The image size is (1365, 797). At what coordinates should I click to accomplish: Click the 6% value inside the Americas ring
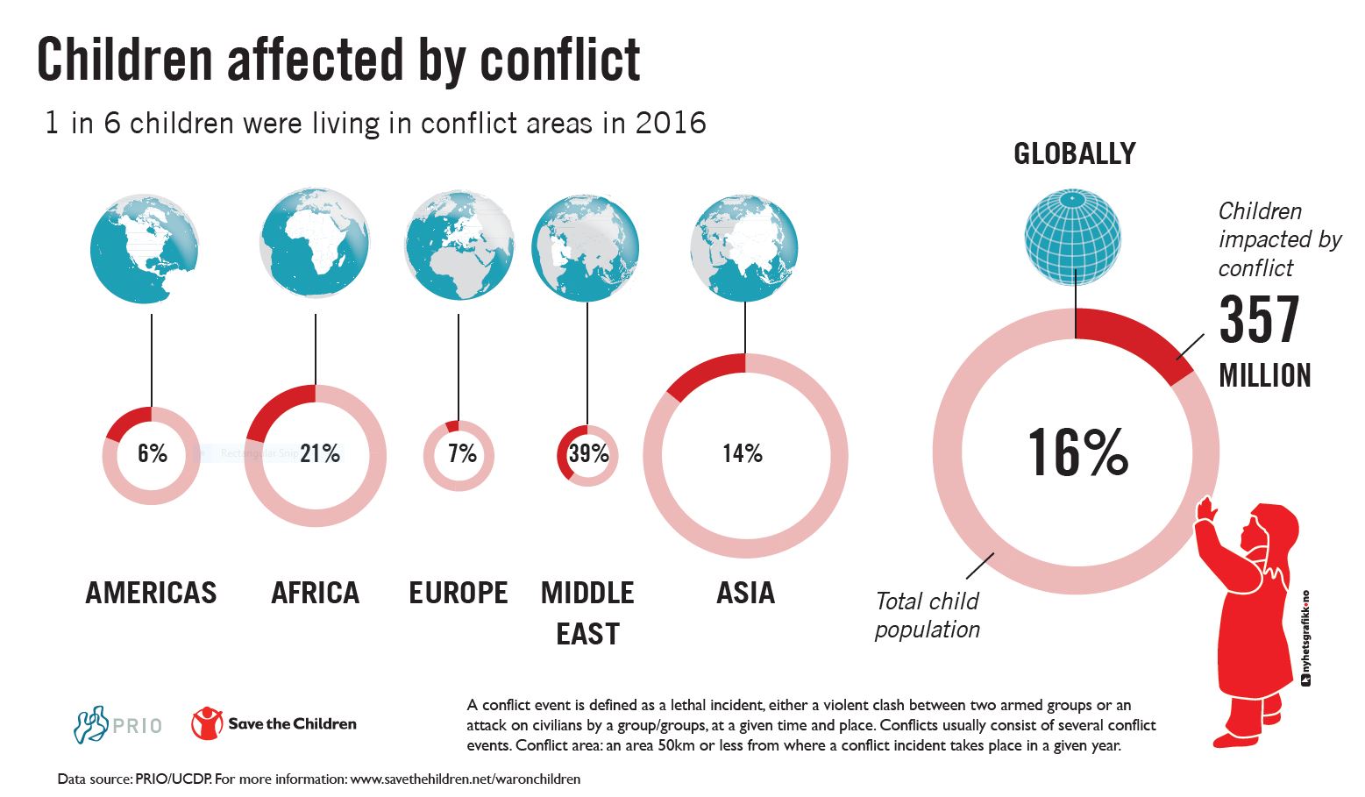click(x=152, y=453)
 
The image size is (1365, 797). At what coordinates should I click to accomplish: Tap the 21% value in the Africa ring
click(x=319, y=453)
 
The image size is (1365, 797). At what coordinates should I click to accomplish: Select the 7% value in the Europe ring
click(x=461, y=453)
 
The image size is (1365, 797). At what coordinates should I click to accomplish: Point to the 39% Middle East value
click(x=588, y=453)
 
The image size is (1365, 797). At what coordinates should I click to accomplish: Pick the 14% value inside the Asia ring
click(x=743, y=453)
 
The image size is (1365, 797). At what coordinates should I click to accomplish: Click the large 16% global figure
click(x=1077, y=453)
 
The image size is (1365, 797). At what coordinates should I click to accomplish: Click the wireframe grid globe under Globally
click(x=1072, y=238)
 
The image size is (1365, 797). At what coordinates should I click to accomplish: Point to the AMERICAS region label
click(x=151, y=594)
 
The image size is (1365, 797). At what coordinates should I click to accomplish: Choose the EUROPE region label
click(x=459, y=594)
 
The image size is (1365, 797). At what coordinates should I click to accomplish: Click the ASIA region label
click(x=745, y=594)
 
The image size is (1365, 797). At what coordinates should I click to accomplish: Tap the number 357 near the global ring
click(x=1259, y=321)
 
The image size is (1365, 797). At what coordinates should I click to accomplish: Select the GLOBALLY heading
click(x=1074, y=154)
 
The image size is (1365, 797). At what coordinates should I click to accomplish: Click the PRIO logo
click(x=117, y=725)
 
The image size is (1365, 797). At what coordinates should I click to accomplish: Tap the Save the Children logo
click(x=274, y=724)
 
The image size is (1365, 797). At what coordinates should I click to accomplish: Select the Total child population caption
click(x=928, y=616)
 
